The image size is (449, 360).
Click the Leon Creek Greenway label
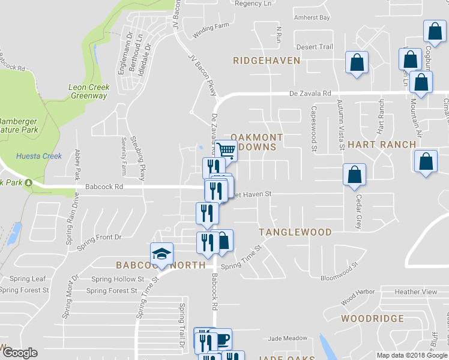(x=89, y=91)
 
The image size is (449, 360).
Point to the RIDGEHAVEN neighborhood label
(x=259, y=61)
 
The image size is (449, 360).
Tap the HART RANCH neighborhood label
(x=381, y=145)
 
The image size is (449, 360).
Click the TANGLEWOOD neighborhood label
(x=295, y=232)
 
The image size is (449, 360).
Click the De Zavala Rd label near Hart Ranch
(x=310, y=94)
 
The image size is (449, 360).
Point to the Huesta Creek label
(x=39, y=157)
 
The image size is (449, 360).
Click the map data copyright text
(x=412, y=355)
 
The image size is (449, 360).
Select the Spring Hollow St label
(x=118, y=279)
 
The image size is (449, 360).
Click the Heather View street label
(x=416, y=292)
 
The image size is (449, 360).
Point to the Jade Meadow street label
(x=287, y=338)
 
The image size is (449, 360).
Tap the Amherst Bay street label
(x=312, y=18)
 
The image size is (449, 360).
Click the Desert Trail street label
(x=318, y=47)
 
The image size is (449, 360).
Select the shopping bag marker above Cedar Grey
(x=355, y=174)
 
